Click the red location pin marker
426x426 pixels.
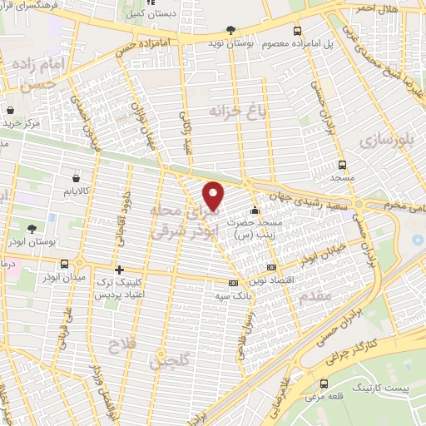pyautogui.click(x=215, y=196)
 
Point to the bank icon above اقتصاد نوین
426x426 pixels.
pyautogui.click(x=271, y=267)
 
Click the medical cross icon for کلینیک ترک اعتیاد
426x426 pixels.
pyautogui.click(x=120, y=270)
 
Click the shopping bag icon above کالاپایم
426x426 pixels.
pyautogui.click(x=76, y=176)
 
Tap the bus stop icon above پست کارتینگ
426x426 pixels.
pyautogui.click(x=324, y=384)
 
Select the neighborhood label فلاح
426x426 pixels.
pyautogui.click(x=122, y=343)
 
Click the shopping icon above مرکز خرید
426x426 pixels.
pyautogui.click(x=11, y=108)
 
